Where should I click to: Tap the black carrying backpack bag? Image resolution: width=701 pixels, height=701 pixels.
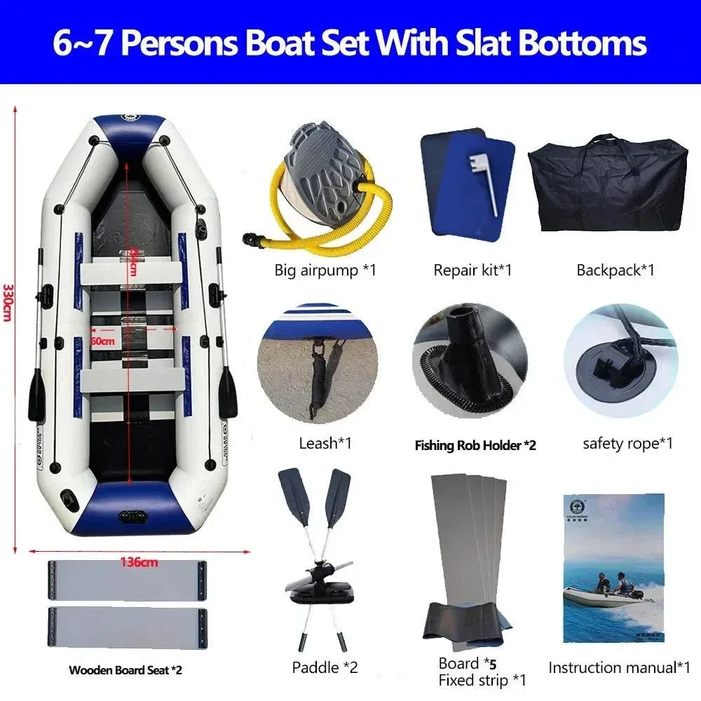point(607,183)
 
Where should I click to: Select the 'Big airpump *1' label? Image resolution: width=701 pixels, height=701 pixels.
point(325,270)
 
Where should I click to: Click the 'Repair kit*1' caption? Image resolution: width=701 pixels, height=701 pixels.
point(472,270)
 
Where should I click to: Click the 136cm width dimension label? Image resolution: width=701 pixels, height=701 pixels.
point(139,561)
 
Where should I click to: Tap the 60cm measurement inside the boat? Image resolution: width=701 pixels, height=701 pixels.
point(103,341)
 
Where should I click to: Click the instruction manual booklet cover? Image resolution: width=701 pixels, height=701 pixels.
point(613,564)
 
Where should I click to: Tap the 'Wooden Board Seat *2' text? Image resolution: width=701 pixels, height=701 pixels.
point(125,670)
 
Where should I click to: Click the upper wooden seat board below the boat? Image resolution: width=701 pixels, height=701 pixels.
point(128,580)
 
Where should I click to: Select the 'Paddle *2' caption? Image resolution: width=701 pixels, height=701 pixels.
point(325,667)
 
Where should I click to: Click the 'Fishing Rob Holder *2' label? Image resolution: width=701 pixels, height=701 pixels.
point(475,445)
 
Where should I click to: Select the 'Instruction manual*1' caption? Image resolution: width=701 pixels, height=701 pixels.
point(620,667)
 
